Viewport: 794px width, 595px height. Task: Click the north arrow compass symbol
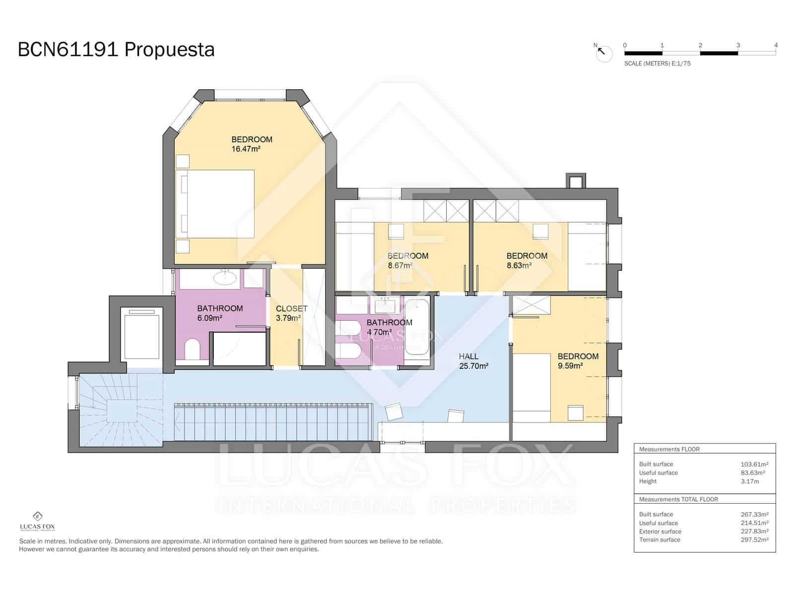click(603, 53)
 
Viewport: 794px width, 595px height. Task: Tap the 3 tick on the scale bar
click(738, 46)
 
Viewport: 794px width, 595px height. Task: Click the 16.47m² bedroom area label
click(246, 149)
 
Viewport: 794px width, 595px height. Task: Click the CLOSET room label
click(291, 308)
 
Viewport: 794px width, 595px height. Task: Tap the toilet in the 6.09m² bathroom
click(192, 349)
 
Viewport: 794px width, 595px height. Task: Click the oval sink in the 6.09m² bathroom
click(225, 278)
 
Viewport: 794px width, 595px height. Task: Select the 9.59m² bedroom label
click(577, 361)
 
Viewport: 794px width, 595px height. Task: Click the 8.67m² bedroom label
click(407, 260)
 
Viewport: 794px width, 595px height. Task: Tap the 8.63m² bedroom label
click(527, 260)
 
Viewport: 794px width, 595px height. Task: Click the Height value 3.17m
click(749, 481)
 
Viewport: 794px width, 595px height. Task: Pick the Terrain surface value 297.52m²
click(754, 539)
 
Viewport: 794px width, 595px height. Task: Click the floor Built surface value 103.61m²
click(754, 464)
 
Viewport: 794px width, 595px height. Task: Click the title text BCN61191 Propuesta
click(116, 50)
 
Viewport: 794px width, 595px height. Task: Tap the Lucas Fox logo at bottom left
click(37, 520)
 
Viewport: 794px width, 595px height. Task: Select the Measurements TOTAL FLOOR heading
click(678, 499)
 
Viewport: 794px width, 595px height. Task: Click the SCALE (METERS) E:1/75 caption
click(657, 63)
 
